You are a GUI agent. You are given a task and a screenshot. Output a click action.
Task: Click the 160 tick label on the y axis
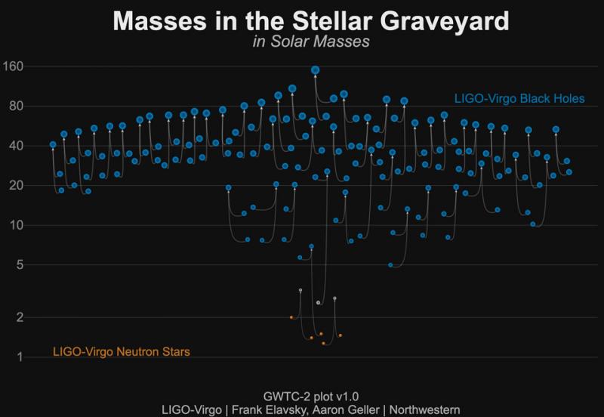click(14, 66)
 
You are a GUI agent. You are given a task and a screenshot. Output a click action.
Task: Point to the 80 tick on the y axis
click(17, 106)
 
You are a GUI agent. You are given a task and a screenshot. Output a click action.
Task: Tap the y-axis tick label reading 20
click(17, 185)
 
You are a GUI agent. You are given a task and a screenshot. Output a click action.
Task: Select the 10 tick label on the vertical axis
click(17, 225)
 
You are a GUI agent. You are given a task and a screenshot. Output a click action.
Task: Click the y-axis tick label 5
click(20, 264)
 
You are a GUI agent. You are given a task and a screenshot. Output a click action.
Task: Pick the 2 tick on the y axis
click(20, 317)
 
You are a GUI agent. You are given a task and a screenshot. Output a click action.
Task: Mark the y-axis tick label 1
click(20, 357)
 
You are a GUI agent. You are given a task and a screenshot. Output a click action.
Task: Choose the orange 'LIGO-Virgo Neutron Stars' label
click(120, 351)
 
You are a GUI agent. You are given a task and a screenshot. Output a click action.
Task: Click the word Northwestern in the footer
click(421, 409)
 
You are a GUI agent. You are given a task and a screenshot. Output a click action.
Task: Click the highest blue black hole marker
click(316, 69)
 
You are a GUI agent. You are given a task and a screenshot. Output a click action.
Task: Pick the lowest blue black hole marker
click(390, 265)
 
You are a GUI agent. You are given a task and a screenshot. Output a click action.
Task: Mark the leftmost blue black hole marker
click(53, 144)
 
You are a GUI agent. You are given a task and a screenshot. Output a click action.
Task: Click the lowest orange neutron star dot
click(324, 343)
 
